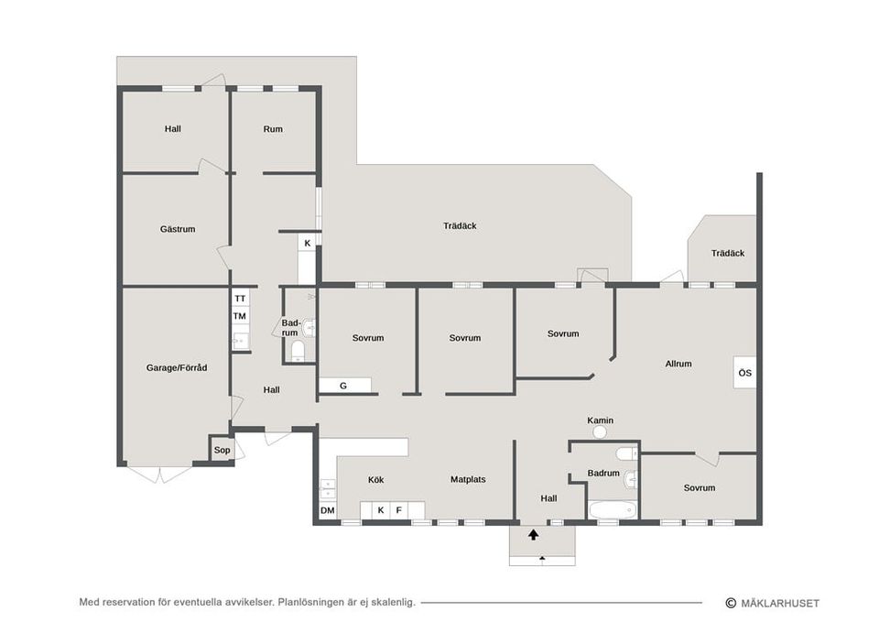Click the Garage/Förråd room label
tap(177, 368)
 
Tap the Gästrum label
tap(178, 229)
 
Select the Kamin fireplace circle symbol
tap(601, 431)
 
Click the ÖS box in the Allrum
tap(744, 373)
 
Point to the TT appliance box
tap(240, 299)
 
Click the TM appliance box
tap(240, 316)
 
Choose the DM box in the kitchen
tap(328, 510)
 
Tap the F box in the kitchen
tap(398, 510)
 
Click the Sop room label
tap(222, 450)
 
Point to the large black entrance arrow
tap(533, 534)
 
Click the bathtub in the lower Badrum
tap(613, 510)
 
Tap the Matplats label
tap(468, 479)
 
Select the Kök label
tap(376, 480)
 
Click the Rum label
tap(273, 129)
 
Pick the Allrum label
tap(678, 364)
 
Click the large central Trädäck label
tap(460, 226)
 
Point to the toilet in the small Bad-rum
tap(298, 351)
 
